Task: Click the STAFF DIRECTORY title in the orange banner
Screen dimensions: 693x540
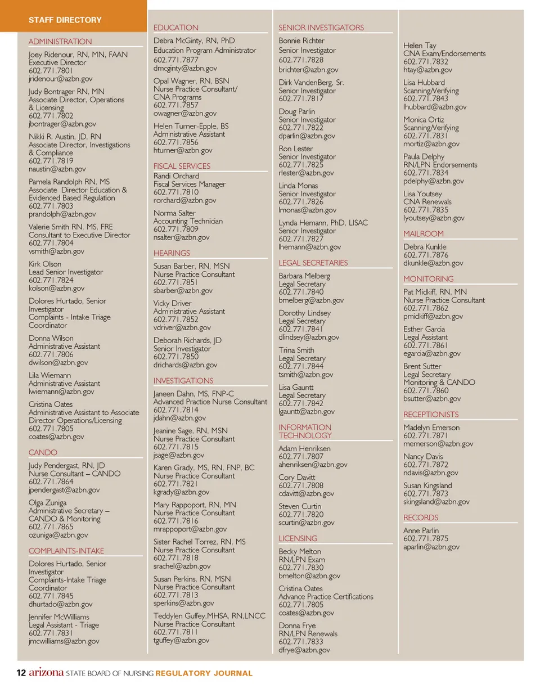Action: point(65,20)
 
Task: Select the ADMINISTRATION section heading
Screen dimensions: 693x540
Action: point(60,42)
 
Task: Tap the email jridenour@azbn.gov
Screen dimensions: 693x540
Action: point(60,79)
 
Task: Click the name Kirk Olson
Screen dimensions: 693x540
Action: point(45,264)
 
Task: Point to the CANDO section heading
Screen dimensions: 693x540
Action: point(43,452)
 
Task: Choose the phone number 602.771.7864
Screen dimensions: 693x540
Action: point(51,481)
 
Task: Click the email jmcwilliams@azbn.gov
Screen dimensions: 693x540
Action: point(64,641)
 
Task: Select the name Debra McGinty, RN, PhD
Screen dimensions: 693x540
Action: point(194,41)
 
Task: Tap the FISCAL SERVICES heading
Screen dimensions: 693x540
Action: point(182,166)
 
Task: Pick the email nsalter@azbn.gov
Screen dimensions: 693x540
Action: point(181,237)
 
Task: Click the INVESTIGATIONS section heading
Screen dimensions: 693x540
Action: point(183,381)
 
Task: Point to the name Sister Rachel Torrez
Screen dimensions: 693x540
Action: point(199,542)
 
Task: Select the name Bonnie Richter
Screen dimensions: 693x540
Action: point(301,41)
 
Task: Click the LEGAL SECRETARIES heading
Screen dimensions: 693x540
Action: point(313,263)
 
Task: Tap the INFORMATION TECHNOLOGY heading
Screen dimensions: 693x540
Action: point(305,431)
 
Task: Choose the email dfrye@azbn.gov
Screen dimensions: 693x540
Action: point(304,650)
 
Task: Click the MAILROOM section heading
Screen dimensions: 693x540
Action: point(424,234)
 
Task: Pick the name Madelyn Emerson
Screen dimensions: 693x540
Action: point(431,427)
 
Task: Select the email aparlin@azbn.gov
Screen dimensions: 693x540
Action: point(431,547)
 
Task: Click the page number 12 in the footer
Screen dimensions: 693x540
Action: point(20,673)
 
